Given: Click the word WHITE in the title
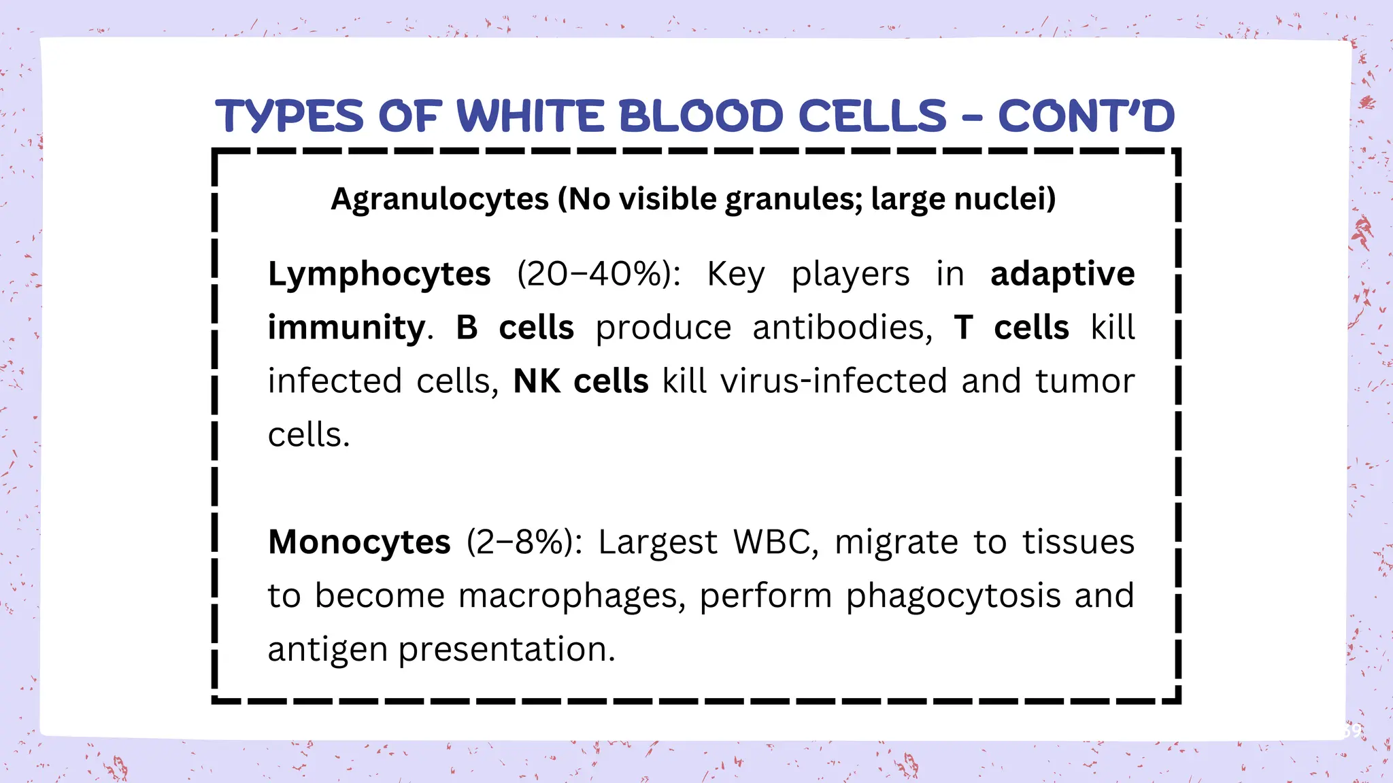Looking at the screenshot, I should click(x=531, y=116).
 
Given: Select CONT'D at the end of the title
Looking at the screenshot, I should click(x=1086, y=116).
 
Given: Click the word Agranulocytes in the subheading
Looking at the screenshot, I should click(x=439, y=200).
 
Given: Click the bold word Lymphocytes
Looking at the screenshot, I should click(x=379, y=275).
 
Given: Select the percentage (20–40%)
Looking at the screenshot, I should click(x=599, y=275).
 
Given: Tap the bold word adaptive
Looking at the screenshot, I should click(x=1062, y=275).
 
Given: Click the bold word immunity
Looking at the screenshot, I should click(x=347, y=328).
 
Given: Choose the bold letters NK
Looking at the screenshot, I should click(x=537, y=381).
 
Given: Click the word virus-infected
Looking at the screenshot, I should click(x=833, y=381).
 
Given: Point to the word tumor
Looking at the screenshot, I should click(x=1085, y=381).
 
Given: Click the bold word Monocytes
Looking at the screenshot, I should click(x=359, y=542).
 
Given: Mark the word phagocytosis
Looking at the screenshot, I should click(x=953, y=596).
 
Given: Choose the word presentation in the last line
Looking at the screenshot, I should click(x=507, y=650).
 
